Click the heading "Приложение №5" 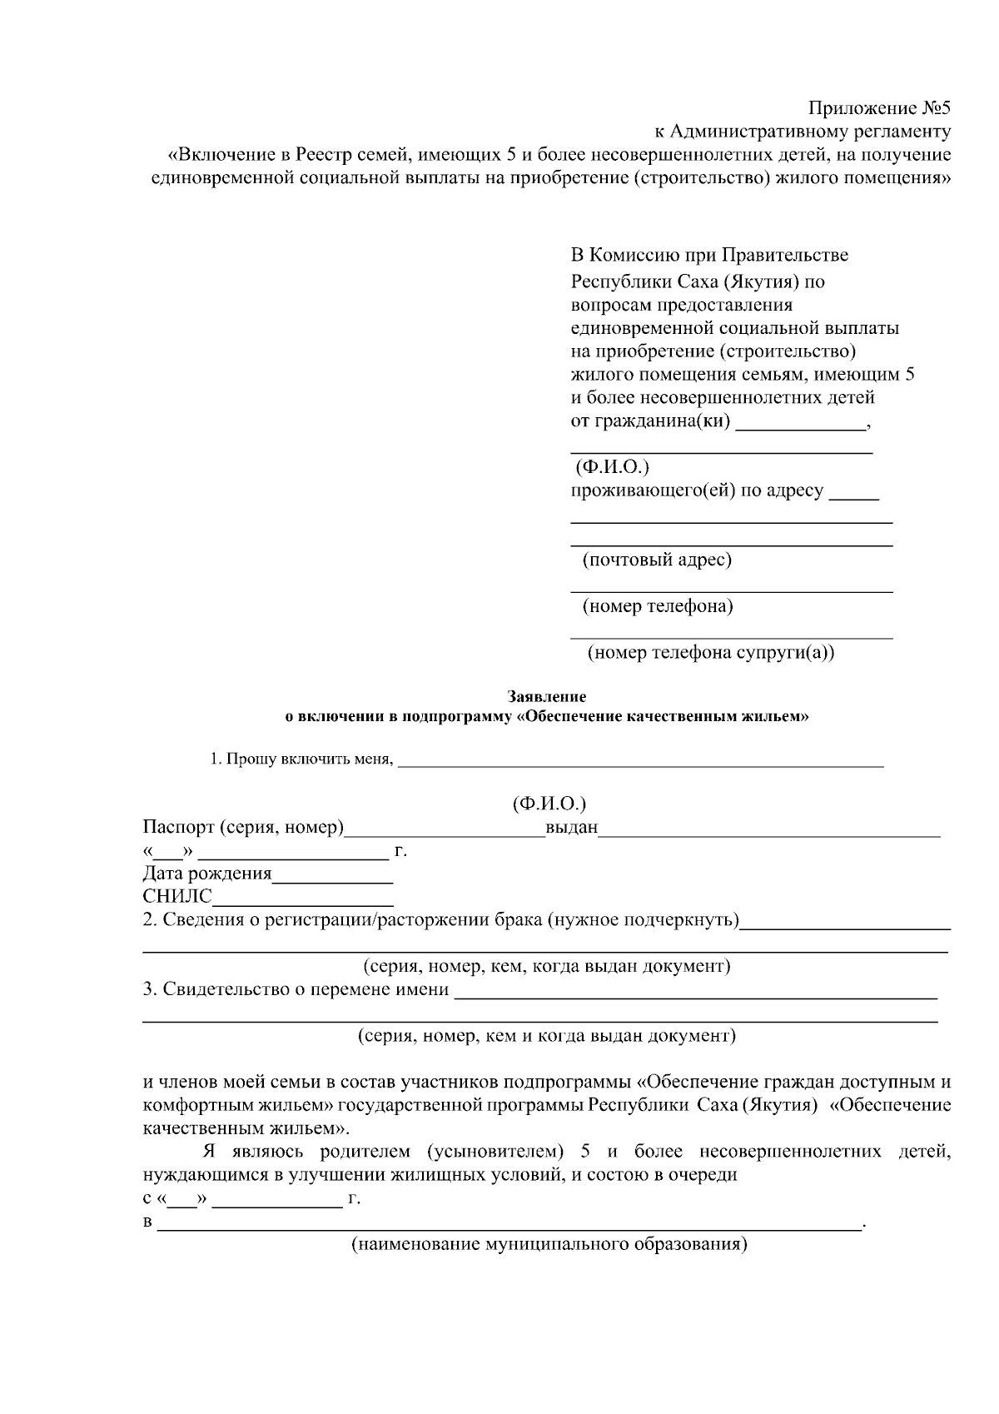click(x=879, y=108)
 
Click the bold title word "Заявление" click(x=547, y=696)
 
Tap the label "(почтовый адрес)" click(x=657, y=560)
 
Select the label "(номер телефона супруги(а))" click(x=711, y=653)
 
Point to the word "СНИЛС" click(x=177, y=897)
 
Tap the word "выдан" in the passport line click(x=571, y=829)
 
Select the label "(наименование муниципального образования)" click(x=549, y=1246)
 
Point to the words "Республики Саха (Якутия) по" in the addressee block click(x=698, y=281)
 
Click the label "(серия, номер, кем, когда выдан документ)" click(x=546, y=967)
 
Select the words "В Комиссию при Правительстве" click(x=709, y=255)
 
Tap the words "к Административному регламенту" click(x=801, y=132)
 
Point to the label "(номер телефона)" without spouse click(x=658, y=606)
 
